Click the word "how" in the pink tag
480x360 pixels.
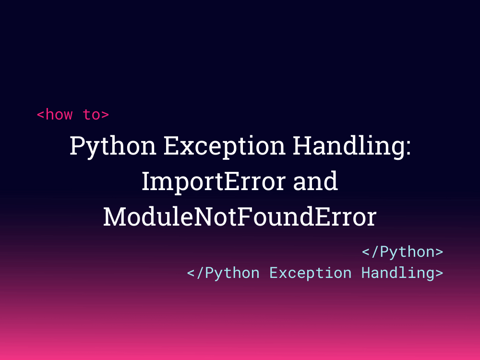(59, 115)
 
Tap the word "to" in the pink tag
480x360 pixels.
(91, 115)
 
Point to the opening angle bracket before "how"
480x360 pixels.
(40, 115)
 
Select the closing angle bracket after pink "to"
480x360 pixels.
(105, 115)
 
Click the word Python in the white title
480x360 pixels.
(113, 146)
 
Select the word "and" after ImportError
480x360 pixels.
(315, 181)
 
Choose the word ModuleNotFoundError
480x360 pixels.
(240, 217)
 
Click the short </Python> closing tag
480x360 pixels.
(402, 252)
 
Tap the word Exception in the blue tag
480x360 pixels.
(310, 273)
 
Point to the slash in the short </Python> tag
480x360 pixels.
(375, 252)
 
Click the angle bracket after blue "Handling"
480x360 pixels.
(439, 273)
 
